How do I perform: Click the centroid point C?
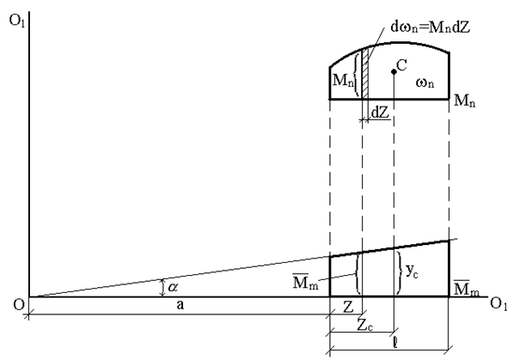pos(393,70)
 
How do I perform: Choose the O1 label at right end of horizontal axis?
pos(498,304)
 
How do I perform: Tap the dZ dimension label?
pos(379,112)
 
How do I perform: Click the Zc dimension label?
pos(364,327)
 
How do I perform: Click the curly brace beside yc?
pos(401,272)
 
